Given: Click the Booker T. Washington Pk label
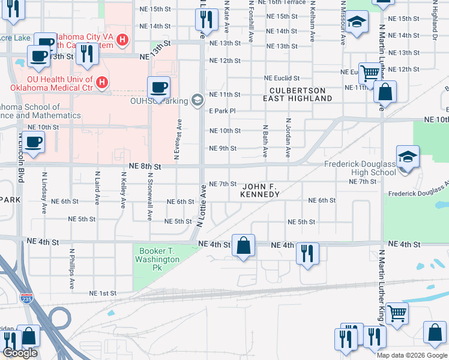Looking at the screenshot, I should [159, 255].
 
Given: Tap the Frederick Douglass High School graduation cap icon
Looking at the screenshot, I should [408, 157].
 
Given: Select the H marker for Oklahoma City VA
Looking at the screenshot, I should [122, 40].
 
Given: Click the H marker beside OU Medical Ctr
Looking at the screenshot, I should [102, 81].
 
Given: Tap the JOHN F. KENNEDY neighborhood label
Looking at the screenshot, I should [259, 190].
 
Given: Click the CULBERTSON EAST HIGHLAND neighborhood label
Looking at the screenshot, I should [298, 94].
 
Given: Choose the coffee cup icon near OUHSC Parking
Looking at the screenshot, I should [158, 88].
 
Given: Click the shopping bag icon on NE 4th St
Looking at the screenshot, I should [243, 246].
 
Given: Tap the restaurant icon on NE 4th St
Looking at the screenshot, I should [307, 252].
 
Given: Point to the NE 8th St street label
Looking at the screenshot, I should [145, 166].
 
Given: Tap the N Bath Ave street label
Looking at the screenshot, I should [265, 142].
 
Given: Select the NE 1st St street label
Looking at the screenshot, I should [102, 293].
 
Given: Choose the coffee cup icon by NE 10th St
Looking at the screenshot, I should [33, 143].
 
